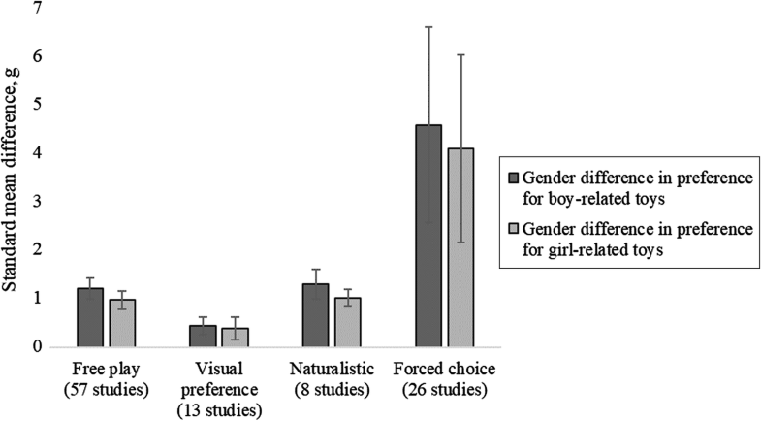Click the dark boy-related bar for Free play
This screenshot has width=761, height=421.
click(89, 317)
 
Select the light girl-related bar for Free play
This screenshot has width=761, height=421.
click(122, 322)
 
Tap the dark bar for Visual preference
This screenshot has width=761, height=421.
click(203, 336)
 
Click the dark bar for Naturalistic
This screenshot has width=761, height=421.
click(315, 315)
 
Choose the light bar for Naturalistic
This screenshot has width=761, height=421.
click(348, 322)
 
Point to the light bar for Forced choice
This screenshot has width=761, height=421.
click(461, 247)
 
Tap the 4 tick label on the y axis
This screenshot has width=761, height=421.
click(38, 153)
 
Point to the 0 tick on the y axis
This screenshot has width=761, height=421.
click(38, 346)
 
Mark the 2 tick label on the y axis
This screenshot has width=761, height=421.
click(38, 250)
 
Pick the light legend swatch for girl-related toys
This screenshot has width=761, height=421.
click(513, 229)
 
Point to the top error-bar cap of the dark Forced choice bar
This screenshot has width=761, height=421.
click(428, 27)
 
